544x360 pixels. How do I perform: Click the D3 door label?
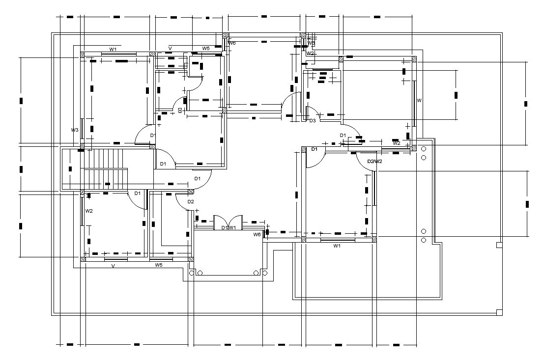click(x=312, y=120)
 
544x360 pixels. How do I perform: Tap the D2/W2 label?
click(x=374, y=161)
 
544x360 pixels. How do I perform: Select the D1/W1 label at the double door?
click(x=229, y=228)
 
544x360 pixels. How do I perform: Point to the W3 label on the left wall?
click(x=75, y=130)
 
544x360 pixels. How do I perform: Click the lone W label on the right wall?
click(x=419, y=100)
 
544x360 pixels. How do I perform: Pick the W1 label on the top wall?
click(x=113, y=49)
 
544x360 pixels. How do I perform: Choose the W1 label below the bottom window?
click(x=337, y=246)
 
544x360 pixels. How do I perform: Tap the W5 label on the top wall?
click(x=206, y=49)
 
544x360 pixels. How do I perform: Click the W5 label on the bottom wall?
click(x=159, y=265)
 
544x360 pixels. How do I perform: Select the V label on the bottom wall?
click(x=113, y=266)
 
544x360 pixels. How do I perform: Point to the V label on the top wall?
click(x=170, y=48)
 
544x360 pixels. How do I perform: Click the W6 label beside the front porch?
click(x=257, y=235)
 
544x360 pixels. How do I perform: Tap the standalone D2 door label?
click(x=191, y=202)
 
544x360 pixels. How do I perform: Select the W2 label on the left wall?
click(x=89, y=211)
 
